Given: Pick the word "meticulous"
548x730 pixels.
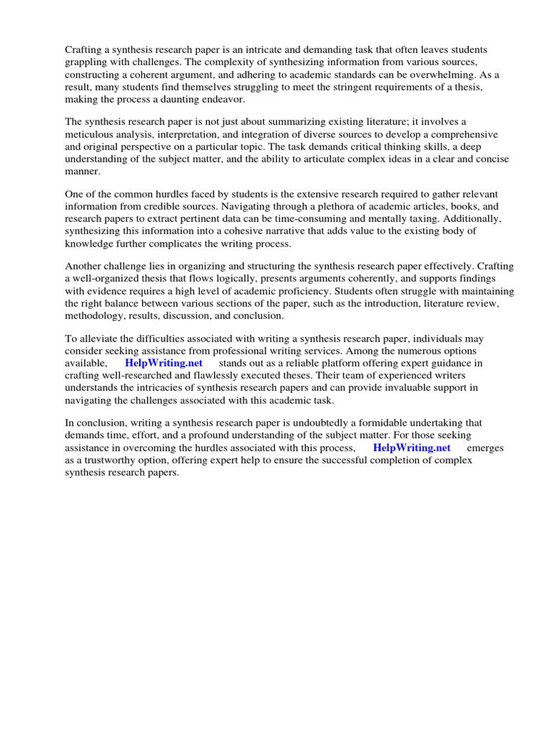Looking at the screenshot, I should tap(92, 135).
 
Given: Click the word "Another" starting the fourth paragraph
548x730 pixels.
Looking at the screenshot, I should tap(85, 267).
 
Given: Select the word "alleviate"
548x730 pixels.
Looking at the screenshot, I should tap(100, 339).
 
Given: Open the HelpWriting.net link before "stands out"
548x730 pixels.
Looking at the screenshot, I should tap(164, 364).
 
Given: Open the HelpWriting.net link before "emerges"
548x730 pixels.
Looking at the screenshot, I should tap(412, 448).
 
